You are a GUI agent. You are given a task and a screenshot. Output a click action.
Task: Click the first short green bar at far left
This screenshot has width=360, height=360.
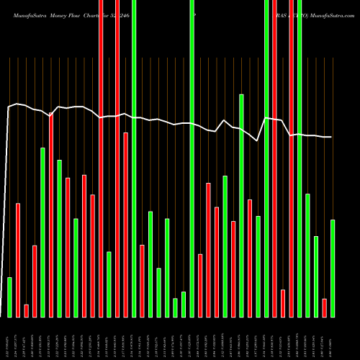[x=9, y=297]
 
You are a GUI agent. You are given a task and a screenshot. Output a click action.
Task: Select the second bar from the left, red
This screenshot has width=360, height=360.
[x=18, y=260]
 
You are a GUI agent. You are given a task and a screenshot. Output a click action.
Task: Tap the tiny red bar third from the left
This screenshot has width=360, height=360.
[x=26, y=310]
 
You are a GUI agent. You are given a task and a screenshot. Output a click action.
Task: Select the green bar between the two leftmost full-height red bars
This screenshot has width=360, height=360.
[x=109, y=284]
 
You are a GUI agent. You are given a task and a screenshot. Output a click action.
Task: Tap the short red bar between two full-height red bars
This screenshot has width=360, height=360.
[x=283, y=303]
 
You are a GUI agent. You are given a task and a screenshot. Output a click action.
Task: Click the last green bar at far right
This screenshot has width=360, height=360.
[x=333, y=268]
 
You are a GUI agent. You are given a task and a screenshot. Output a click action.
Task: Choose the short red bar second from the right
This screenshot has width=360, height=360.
[x=324, y=307]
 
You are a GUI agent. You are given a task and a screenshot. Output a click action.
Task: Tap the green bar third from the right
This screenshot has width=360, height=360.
[x=316, y=276]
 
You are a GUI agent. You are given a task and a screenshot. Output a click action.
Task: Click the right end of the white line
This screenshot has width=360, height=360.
[x=331, y=137]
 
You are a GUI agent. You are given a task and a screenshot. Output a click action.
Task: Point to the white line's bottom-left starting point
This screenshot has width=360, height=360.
[x=4, y=315]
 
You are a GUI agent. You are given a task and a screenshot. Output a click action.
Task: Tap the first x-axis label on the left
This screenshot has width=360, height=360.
[x=9, y=338]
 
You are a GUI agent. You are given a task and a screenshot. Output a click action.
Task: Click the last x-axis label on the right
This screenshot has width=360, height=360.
[x=333, y=338]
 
